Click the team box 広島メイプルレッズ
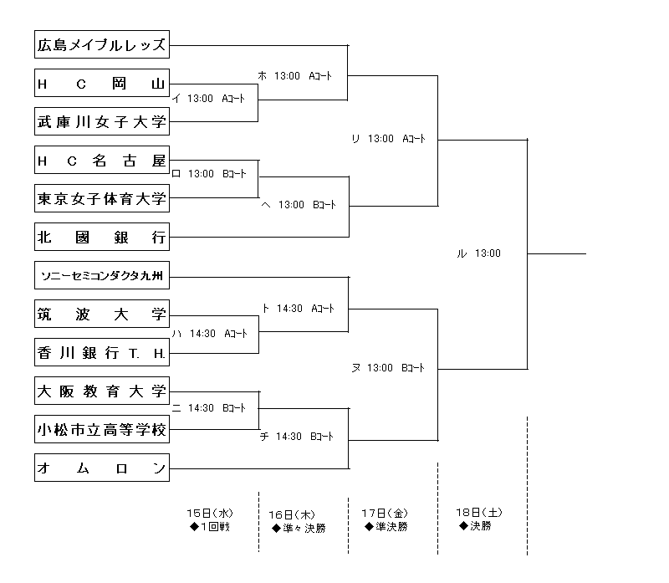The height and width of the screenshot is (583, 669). [x=102, y=45]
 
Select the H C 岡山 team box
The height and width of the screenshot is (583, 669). [x=102, y=83]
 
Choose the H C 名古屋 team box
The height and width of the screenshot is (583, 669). [x=102, y=160]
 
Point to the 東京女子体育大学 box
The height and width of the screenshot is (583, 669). [x=102, y=198]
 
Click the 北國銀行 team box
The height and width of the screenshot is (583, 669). [x=102, y=237]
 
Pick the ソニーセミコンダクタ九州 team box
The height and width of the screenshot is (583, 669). [x=102, y=275]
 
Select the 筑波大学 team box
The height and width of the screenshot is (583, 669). [x=102, y=314]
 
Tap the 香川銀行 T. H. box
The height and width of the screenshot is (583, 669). [x=102, y=352]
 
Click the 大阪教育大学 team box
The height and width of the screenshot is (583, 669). [x=102, y=391]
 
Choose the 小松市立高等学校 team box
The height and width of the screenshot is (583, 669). [x=102, y=429]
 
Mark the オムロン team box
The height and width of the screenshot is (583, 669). [x=102, y=468]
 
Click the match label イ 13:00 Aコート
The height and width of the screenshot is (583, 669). [x=209, y=99]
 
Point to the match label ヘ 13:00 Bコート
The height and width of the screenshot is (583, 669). [x=299, y=204]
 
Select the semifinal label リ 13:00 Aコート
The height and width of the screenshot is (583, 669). [x=389, y=139]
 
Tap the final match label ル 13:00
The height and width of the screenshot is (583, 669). [x=479, y=253]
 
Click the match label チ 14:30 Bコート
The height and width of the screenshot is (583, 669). [x=297, y=436]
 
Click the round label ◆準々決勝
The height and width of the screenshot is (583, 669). [x=299, y=528]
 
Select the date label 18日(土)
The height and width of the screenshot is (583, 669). [x=479, y=512]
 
